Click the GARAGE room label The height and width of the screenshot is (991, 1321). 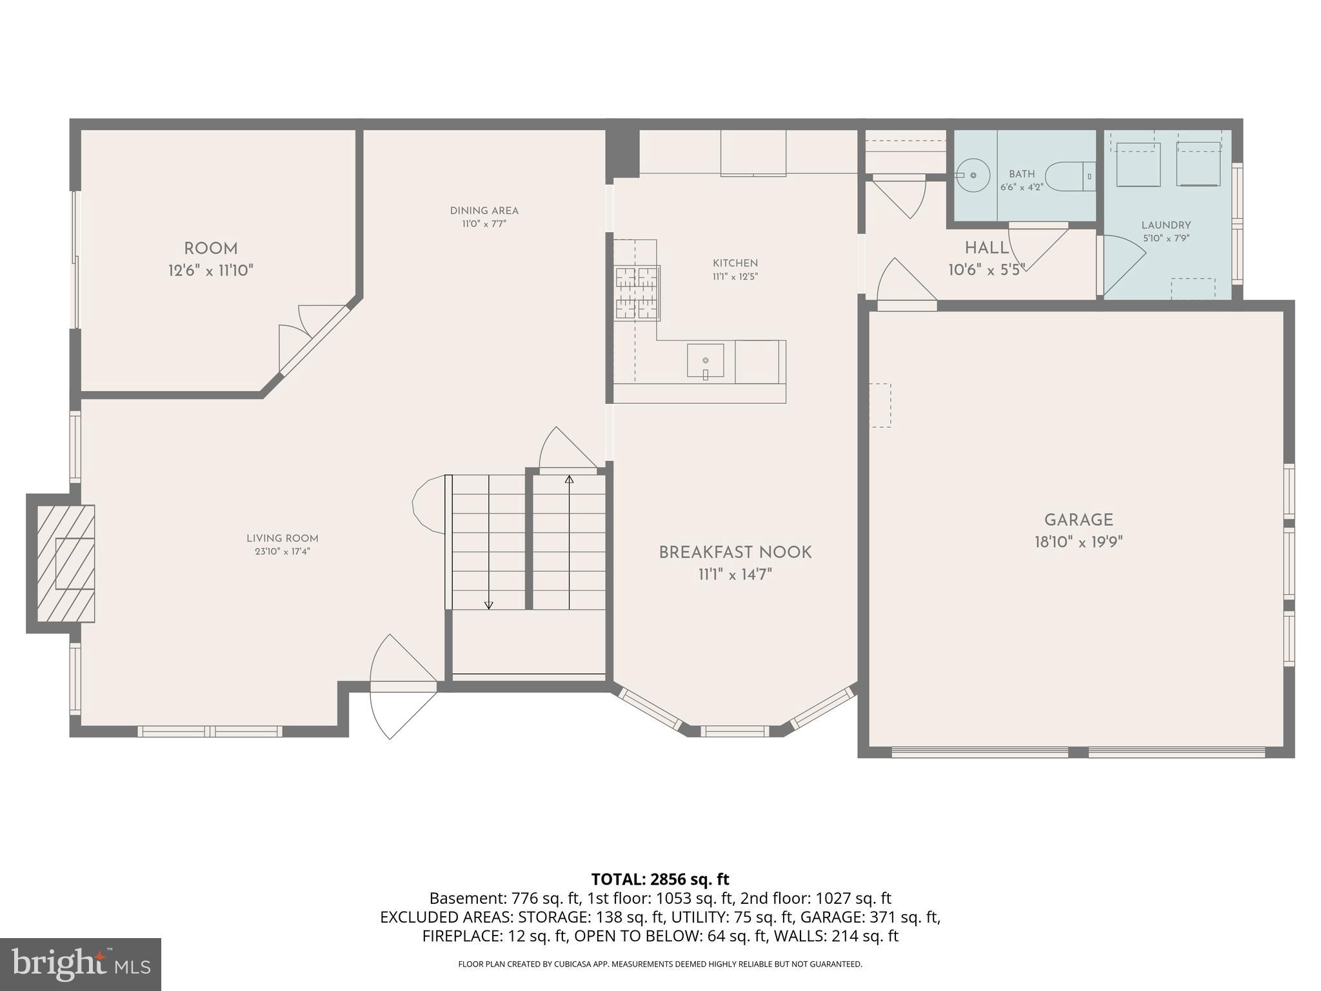1078,520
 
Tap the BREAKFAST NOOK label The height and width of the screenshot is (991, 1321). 735,552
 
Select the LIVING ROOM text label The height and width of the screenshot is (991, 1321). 282,538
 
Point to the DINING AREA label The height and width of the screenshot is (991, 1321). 484,211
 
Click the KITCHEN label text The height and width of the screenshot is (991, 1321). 735,263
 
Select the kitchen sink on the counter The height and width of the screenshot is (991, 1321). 705,361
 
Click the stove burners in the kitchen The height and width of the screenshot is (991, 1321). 637,293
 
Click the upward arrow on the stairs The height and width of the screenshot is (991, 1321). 569,479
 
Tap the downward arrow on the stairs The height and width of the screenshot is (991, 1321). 488,605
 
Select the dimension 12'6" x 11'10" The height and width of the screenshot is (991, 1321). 211,270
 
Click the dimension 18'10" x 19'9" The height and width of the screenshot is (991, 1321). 1078,542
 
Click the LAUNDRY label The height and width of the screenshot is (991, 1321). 1166,225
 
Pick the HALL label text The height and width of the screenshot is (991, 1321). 986,248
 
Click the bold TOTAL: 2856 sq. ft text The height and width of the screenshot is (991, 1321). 660,879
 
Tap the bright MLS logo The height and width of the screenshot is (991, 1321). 80,964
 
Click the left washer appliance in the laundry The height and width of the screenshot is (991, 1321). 1138,165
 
